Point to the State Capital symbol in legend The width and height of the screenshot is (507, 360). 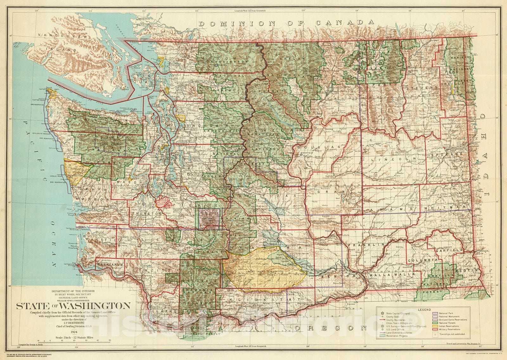click(382, 313)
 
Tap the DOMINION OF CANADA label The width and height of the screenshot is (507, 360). click(286, 23)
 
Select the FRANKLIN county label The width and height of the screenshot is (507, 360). click(366, 245)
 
